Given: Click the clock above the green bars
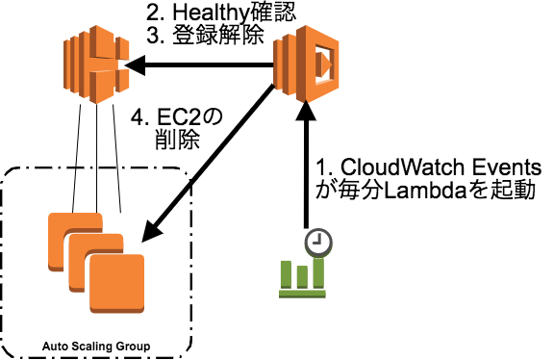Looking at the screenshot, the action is (x=317, y=242).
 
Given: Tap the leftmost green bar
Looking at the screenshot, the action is (x=286, y=273).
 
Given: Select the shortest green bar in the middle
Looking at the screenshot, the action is (x=302, y=277).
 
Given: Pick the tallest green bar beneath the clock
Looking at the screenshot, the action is (x=318, y=272).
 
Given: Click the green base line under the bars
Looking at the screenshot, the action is (x=302, y=294).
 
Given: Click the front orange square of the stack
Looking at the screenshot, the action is (x=116, y=281).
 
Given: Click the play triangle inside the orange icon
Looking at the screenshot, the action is (x=324, y=64).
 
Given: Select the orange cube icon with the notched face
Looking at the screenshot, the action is (x=96, y=64).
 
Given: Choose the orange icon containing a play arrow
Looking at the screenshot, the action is (x=307, y=64).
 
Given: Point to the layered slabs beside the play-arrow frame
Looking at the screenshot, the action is (x=284, y=64).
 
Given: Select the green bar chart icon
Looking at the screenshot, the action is (x=304, y=266).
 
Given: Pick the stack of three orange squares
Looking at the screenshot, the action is (x=96, y=262).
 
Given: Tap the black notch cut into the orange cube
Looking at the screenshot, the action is (x=122, y=64).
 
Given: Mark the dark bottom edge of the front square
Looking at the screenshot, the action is (x=116, y=310).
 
